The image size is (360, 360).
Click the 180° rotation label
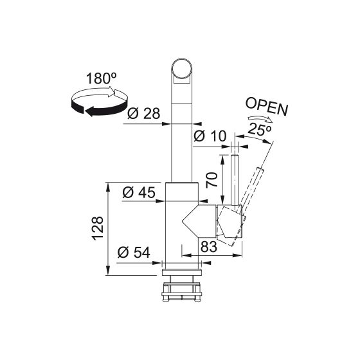pyautogui.click(x=101, y=80)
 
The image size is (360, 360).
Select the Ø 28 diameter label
pyautogui.click(x=143, y=114)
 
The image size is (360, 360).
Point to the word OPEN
pyautogui.click(x=266, y=107)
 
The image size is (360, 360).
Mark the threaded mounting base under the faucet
pyautogui.click(x=183, y=286)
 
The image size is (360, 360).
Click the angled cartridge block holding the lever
pyautogui.click(x=230, y=222)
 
